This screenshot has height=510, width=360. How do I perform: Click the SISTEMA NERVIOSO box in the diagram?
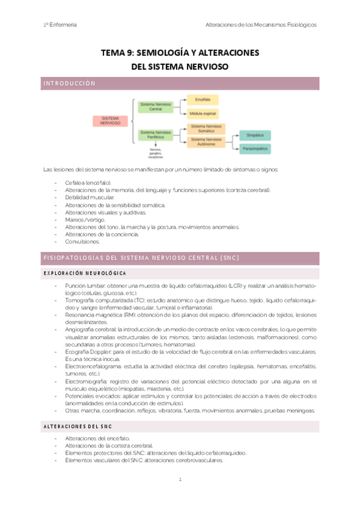pyautogui.click(x=110, y=120)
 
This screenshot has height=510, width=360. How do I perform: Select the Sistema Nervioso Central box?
pyautogui.click(x=156, y=106)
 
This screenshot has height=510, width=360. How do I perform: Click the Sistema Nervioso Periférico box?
pyautogui.click(x=156, y=135)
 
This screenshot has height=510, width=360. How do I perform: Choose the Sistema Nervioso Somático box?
pyautogui.click(x=206, y=128)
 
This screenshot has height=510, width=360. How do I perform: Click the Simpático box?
pyautogui.click(x=255, y=135)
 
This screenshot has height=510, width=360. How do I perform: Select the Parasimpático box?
pyautogui.click(x=255, y=148)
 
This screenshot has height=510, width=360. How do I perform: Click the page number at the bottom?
pyautogui.click(x=180, y=479)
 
